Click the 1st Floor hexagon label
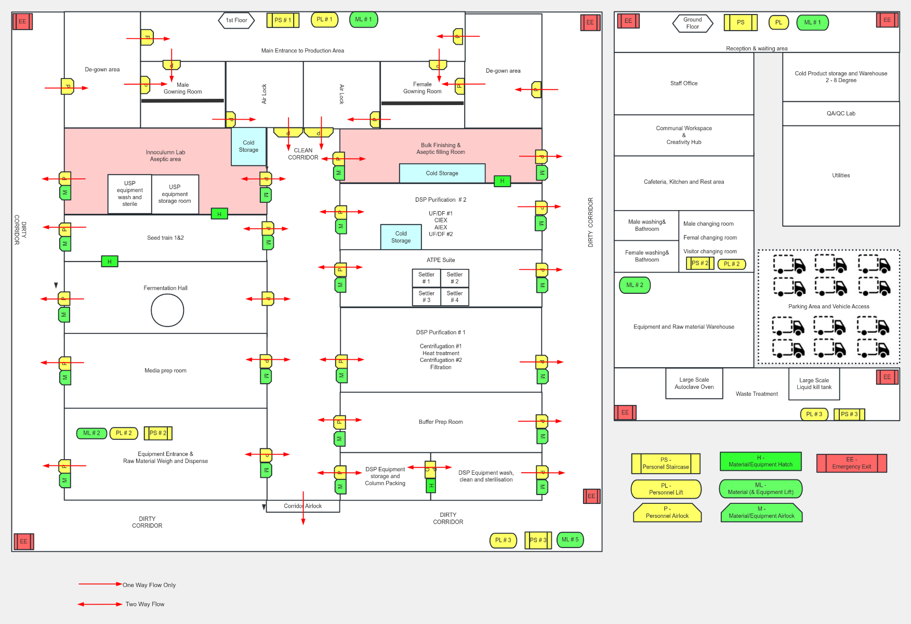point(236,20)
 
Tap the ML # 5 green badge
point(570,540)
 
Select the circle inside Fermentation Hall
point(167,310)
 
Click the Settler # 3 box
point(426,296)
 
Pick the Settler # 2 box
point(455,278)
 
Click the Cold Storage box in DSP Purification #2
point(401,237)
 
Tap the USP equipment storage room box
point(175,194)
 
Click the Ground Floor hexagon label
point(692,23)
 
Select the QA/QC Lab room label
point(840,113)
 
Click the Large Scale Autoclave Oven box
point(694,383)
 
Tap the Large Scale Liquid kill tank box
point(814,384)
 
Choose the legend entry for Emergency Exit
point(851,463)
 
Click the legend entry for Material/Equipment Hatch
point(760,461)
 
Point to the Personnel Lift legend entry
point(666,489)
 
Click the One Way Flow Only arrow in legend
point(100,584)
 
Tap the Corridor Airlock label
point(302,506)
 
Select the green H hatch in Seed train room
point(110,262)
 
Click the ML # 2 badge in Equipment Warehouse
point(635,285)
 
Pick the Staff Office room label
point(683,83)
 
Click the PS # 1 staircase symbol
point(283,20)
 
